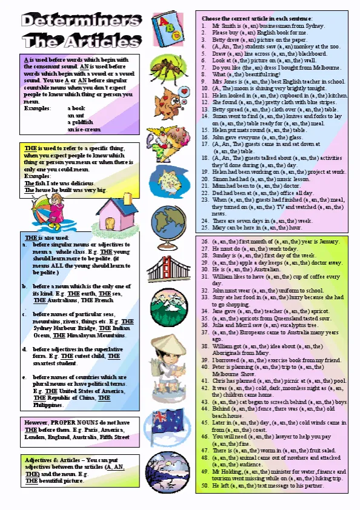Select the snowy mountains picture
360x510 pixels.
tap(168, 303)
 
